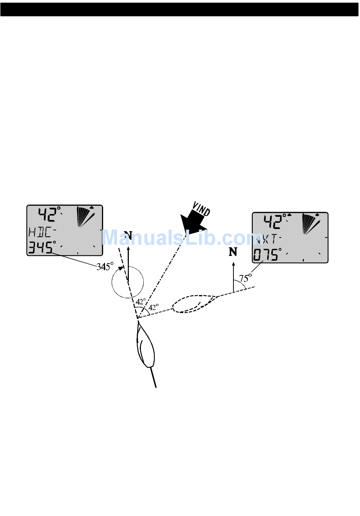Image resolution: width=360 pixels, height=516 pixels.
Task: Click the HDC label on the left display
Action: (40, 232)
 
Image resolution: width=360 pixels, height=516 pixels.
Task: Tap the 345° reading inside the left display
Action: (41, 248)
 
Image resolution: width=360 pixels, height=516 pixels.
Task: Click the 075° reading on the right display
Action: (267, 255)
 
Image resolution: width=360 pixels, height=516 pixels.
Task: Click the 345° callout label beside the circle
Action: (105, 266)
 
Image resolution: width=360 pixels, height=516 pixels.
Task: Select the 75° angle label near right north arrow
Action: (245, 278)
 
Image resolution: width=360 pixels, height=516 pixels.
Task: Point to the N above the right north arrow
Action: (233, 252)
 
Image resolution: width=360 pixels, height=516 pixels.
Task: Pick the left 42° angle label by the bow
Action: (141, 302)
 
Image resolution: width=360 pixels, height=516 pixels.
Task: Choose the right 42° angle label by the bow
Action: (153, 307)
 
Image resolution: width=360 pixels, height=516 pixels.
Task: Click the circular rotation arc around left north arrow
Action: (128, 282)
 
